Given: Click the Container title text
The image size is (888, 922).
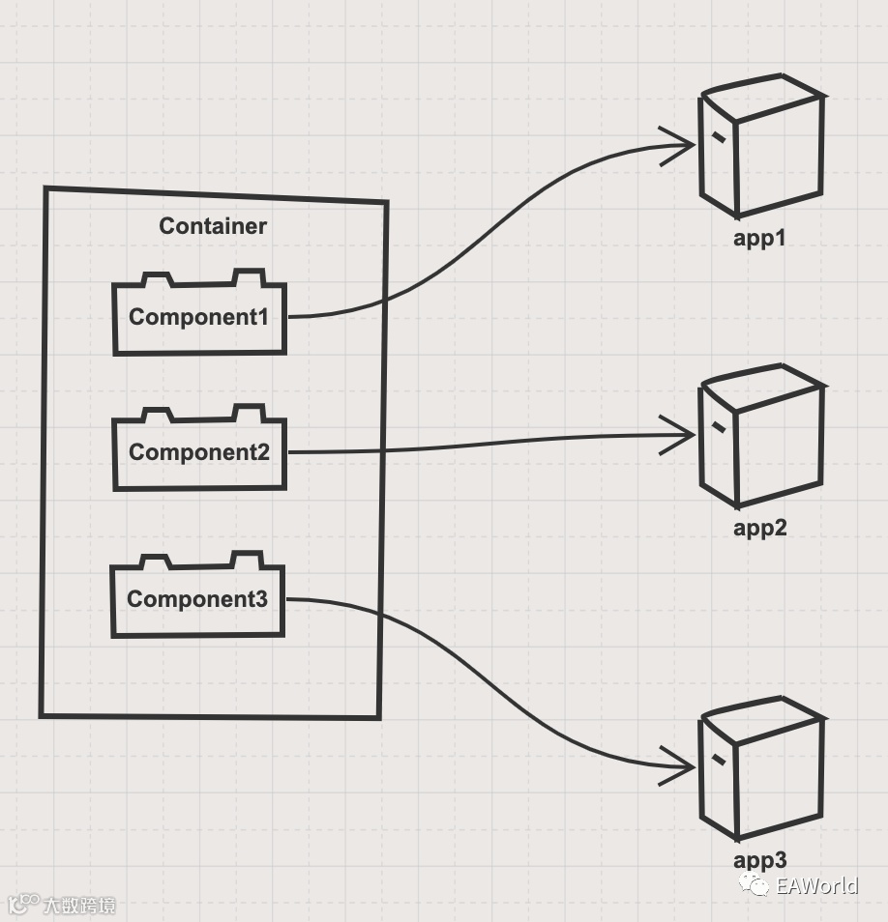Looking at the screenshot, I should [x=213, y=226].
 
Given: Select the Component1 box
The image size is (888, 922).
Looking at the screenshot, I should [x=199, y=318].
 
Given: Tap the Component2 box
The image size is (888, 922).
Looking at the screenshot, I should [x=199, y=452].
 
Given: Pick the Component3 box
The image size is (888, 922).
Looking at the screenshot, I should [x=197, y=599].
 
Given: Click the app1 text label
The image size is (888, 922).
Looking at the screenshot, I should [x=759, y=238].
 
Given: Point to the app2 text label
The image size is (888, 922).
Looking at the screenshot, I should [x=759, y=528].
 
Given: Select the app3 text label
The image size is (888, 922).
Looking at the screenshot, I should [x=759, y=860].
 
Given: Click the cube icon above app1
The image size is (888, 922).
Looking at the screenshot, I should [x=762, y=152].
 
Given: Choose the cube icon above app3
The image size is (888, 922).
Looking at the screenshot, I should [x=762, y=773].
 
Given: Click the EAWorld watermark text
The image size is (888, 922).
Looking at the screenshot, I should [x=816, y=885].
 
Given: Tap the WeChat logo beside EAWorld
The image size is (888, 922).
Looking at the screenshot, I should [x=755, y=884].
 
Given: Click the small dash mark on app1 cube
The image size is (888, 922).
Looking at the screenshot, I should [x=718, y=136].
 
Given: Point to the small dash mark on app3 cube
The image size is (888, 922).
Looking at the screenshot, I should [x=718, y=759].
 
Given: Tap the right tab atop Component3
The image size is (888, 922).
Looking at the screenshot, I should [x=246, y=560].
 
